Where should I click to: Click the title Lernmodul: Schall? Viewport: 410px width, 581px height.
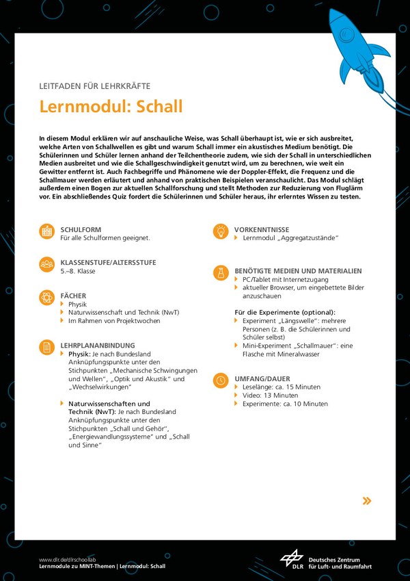111,107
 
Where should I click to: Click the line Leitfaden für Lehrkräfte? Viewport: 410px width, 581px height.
94,86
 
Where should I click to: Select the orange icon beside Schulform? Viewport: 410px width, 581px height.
47,232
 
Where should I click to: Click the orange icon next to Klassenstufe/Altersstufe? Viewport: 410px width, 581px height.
47,265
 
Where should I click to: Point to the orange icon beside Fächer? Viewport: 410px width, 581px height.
47,298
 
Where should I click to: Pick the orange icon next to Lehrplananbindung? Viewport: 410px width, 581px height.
47,347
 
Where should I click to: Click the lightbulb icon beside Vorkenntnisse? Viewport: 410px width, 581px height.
221,232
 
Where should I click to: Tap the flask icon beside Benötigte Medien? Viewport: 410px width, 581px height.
221,273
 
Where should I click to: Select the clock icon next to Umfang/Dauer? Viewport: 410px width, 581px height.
221,380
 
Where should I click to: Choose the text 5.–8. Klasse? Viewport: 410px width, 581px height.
78,271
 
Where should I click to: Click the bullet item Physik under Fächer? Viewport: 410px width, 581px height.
77,304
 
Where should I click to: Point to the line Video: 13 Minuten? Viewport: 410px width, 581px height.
270,396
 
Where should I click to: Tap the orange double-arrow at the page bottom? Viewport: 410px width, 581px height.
367,501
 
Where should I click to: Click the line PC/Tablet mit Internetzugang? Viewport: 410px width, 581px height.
285,280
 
